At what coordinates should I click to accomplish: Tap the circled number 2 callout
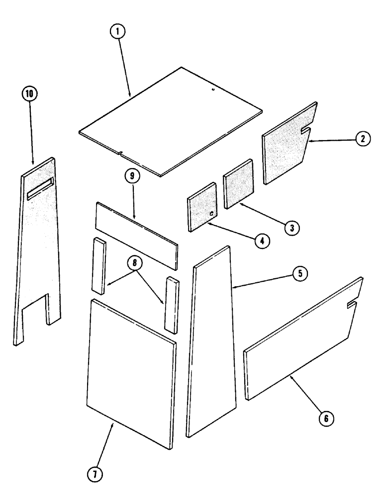click(x=363, y=140)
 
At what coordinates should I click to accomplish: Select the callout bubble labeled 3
click(x=291, y=228)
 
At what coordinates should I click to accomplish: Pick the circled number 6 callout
click(x=326, y=418)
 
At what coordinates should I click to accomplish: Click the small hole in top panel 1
click(x=212, y=90)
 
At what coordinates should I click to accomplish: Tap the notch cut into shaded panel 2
click(x=306, y=131)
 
